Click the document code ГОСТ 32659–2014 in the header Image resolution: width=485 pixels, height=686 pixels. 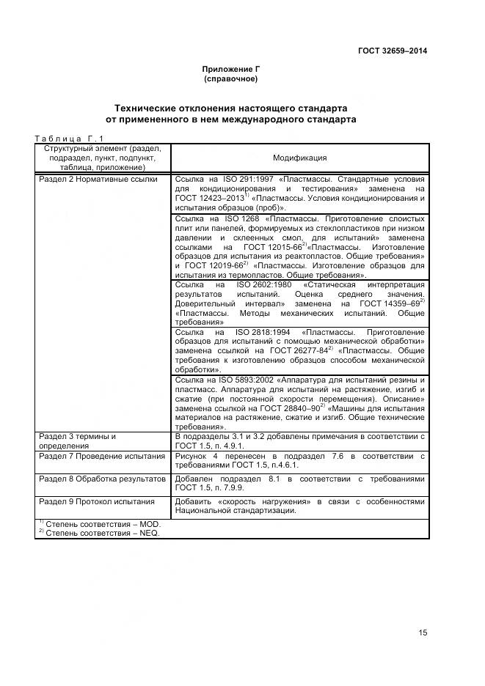[x=392, y=51]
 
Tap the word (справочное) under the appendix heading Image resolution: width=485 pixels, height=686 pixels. [x=230, y=78]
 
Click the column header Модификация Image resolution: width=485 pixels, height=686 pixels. [x=299, y=158]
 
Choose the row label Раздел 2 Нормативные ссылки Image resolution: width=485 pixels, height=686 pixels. [x=98, y=180]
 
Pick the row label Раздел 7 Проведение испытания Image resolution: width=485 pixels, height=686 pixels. [x=101, y=456]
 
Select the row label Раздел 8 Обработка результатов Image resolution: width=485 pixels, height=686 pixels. [x=102, y=479]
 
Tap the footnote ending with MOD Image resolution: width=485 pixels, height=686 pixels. [x=103, y=524]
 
